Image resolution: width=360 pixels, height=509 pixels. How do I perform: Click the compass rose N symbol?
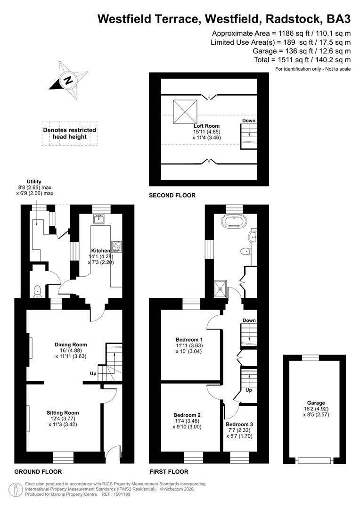[68, 80]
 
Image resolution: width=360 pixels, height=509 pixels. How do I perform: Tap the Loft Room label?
[206, 126]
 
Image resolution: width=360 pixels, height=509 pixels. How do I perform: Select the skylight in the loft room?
[185, 112]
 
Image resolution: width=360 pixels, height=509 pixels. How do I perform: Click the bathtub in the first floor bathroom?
[234, 222]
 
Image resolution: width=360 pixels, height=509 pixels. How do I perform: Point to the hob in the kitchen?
[116, 247]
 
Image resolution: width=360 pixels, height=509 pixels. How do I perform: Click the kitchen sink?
[98, 220]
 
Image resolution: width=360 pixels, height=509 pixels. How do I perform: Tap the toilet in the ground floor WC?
[38, 291]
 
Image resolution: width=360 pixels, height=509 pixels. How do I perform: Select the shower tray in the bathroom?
[221, 289]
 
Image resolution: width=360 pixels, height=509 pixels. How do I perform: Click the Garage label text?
[316, 403]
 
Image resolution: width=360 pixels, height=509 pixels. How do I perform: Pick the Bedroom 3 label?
[239, 424]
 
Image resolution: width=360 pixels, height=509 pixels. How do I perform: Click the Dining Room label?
[71, 345]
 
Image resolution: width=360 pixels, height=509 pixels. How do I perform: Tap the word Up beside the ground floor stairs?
[93, 374]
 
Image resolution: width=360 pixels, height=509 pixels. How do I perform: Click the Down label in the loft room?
[249, 121]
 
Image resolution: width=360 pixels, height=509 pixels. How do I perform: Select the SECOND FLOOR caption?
[172, 196]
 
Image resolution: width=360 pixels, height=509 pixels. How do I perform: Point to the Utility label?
[34, 182]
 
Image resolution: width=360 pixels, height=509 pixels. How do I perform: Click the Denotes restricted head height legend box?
[70, 133]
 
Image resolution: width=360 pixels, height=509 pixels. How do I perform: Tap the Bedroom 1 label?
[189, 340]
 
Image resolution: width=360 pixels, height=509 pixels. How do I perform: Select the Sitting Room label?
[63, 413]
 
